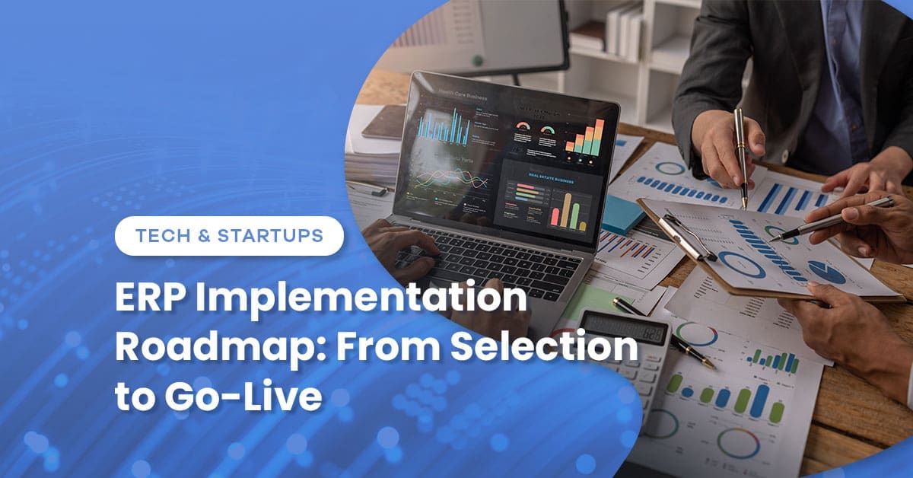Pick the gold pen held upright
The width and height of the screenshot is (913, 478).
[741, 156]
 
